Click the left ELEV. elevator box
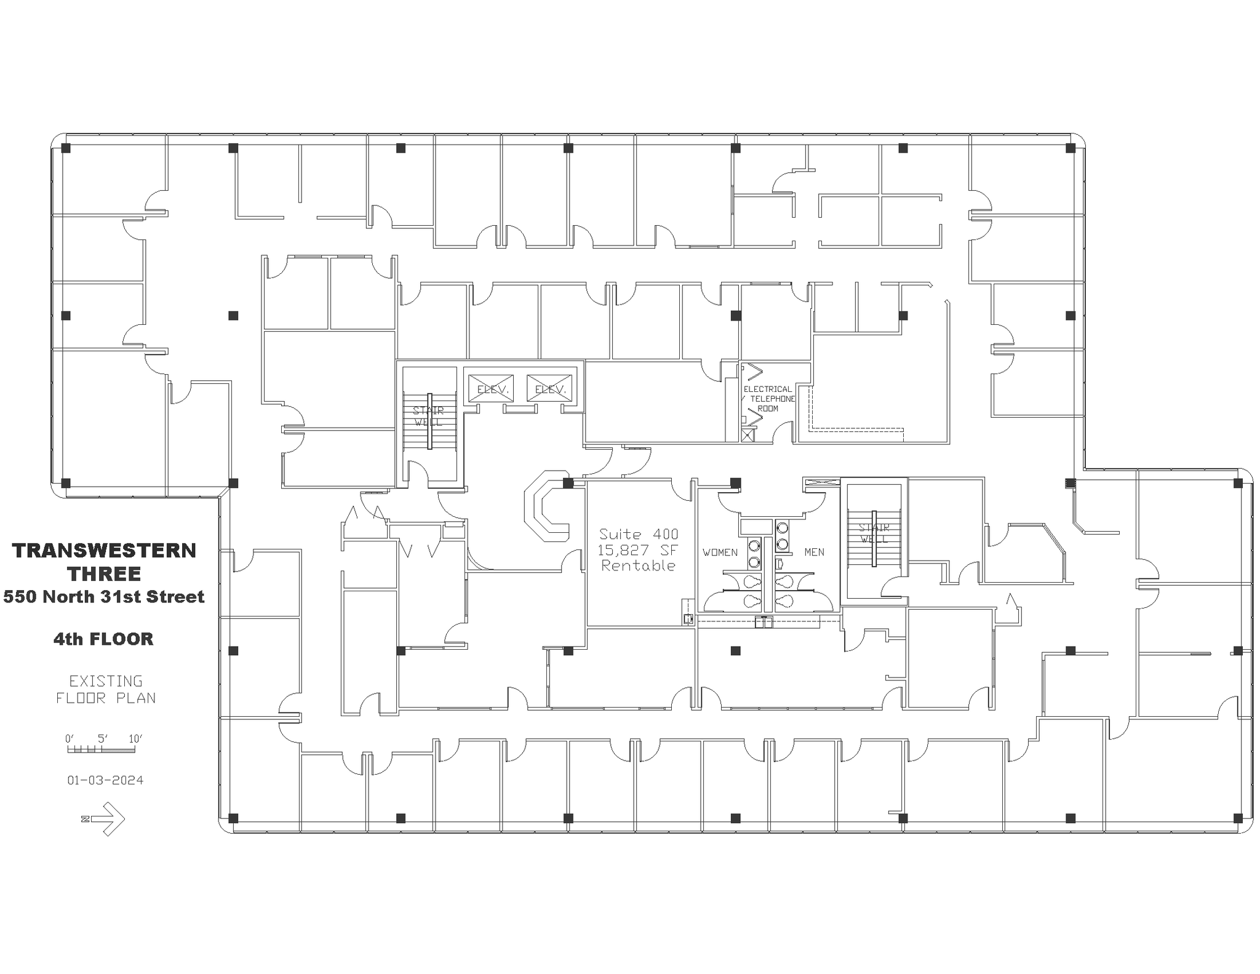click(x=490, y=388)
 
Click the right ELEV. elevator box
click(x=549, y=388)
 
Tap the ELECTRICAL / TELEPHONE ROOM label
click(x=768, y=399)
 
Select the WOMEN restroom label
click(x=720, y=553)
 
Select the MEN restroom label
click(x=814, y=553)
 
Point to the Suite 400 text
click(x=639, y=534)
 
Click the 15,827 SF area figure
click(x=637, y=550)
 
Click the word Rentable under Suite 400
click(x=638, y=565)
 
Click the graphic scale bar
click(x=101, y=749)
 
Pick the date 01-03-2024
click(x=105, y=780)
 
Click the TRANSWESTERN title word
click(x=104, y=550)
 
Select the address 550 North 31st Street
click(x=104, y=597)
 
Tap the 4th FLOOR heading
click(x=103, y=639)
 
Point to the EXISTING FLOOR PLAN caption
click(x=105, y=689)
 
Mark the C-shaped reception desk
click(x=544, y=506)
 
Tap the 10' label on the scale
click(x=135, y=738)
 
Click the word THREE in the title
click(x=104, y=573)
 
